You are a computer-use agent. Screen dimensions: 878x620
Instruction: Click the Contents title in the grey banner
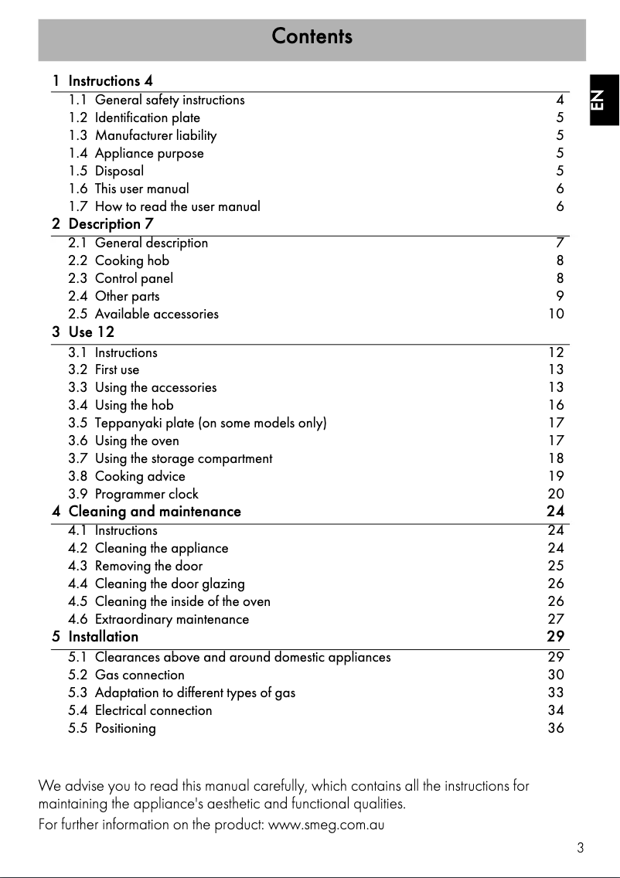(312, 36)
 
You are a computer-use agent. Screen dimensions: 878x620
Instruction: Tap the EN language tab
(602, 100)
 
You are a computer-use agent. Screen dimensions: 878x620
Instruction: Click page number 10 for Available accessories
(556, 314)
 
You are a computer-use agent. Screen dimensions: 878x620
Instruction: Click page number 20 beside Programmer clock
(556, 494)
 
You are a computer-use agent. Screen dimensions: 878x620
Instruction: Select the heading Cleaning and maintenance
(155, 512)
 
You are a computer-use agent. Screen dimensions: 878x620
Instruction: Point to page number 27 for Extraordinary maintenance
(556, 619)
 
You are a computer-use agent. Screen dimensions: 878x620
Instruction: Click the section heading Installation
(104, 637)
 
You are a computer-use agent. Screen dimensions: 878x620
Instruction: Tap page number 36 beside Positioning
(556, 728)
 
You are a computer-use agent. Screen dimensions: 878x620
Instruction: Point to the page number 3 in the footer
(580, 848)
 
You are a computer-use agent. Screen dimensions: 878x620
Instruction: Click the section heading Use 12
(91, 332)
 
